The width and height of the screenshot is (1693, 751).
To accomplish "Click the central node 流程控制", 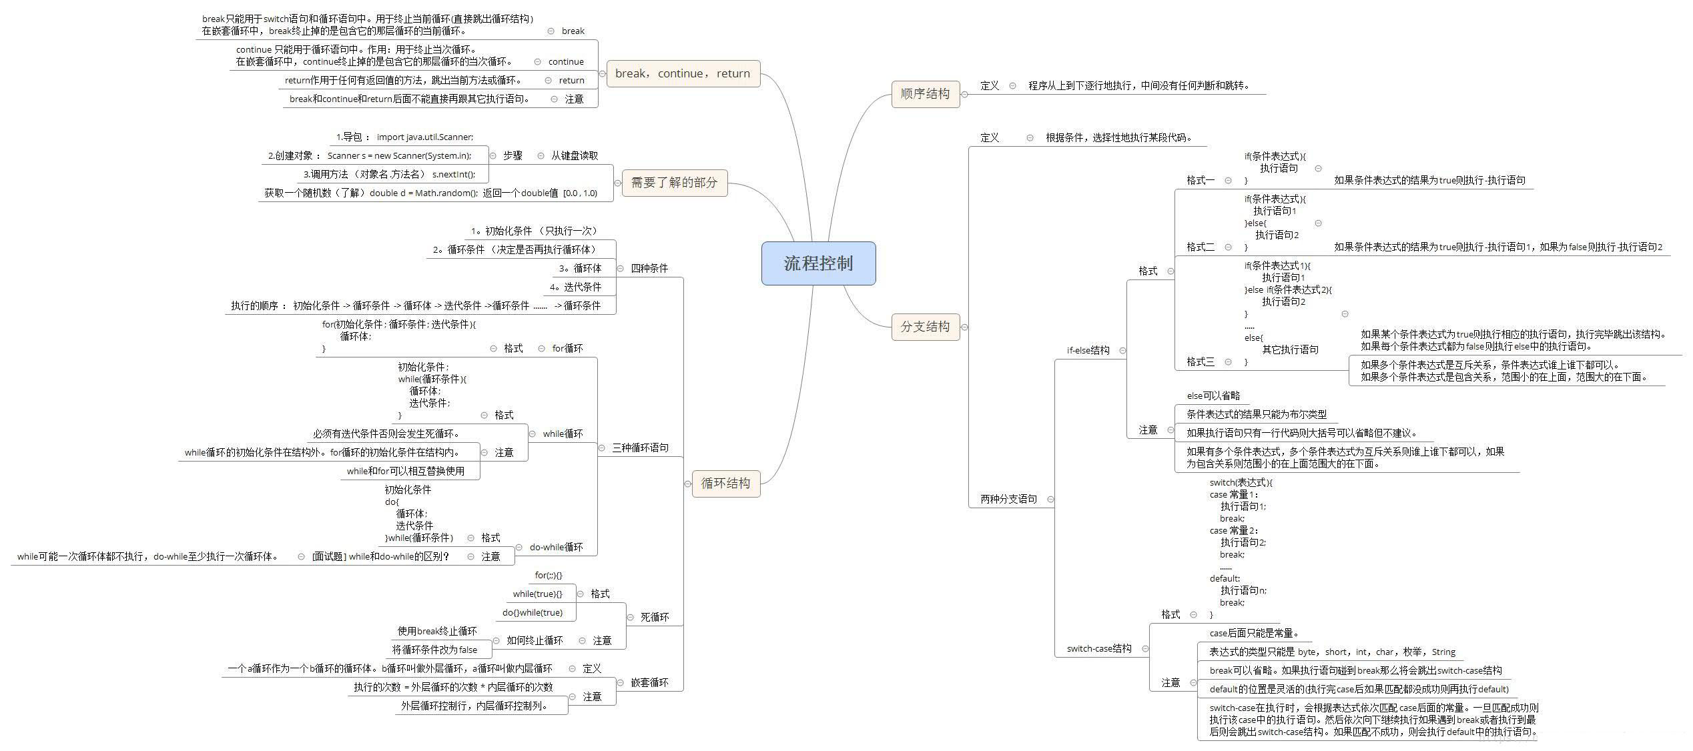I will tap(818, 263).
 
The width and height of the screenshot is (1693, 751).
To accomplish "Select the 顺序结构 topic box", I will tap(925, 94).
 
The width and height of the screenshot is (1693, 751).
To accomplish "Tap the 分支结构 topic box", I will tap(925, 327).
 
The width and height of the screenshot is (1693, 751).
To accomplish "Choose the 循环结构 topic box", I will tap(725, 484).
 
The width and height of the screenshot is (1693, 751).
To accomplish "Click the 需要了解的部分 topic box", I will tap(674, 183).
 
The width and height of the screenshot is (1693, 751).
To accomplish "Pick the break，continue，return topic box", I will tap(682, 73).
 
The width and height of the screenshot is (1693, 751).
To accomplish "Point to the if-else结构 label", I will tap(1088, 351).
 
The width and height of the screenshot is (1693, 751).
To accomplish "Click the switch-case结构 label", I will tap(1099, 648).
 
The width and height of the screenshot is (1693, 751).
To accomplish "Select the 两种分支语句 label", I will tap(1008, 499).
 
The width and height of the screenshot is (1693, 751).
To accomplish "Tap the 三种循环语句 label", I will tap(640, 448).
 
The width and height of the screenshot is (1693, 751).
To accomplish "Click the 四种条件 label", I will tap(649, 268).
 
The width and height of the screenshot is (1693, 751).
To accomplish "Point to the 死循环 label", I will tap(654, 618).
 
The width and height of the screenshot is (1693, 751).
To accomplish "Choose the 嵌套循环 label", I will tap(649, 683).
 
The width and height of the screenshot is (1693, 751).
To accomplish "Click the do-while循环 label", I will tap(556, 547).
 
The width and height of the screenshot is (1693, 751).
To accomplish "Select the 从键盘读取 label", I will tap(574, 155).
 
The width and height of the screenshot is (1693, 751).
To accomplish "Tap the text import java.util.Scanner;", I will tap(424, 137).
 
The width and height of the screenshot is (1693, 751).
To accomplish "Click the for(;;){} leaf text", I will tap(549, 575).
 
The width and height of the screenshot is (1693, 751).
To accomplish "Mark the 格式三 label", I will tap(1201, 361).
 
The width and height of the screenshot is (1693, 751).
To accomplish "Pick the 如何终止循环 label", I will tap(535, 640).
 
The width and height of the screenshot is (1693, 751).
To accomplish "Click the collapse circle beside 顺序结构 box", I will tap(964, 94).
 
